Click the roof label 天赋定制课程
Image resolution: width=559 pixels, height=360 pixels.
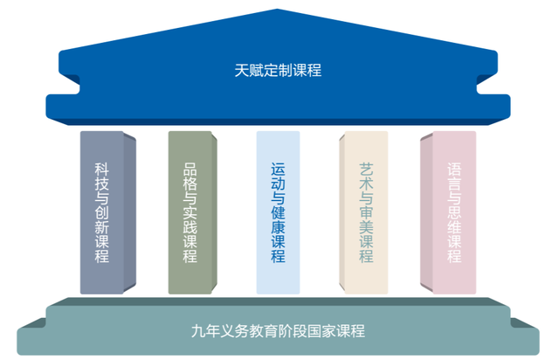click(x=278, y=70)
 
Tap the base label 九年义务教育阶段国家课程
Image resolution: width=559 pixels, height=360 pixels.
click(x=278, y=331)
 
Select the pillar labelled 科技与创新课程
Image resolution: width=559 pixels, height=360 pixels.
click(x=107, y=212)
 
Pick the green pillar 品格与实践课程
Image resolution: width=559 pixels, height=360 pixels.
click(x=192, y=212)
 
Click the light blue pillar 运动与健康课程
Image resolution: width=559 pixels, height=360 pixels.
click(x=278, y=212)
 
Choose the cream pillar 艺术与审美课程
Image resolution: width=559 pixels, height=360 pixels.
click(x=363, y=212)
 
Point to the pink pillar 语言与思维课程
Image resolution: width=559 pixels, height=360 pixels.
click(x=448, y=212)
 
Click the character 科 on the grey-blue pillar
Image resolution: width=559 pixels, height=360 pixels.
click(x=101, y=170)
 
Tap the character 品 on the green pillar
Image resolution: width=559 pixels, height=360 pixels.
click(x=190, y=170)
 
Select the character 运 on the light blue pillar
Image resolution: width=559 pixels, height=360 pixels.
click(x=278, y=170)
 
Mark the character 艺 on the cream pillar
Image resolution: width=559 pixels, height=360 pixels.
click(x=366, y=170)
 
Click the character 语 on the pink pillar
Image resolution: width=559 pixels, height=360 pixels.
click(x=454, y=170)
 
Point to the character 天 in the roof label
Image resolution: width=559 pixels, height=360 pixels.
click(x=241, y=70)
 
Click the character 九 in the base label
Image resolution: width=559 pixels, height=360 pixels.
click(x=198, y=331)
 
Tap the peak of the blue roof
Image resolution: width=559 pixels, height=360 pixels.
click(x=278, y=9)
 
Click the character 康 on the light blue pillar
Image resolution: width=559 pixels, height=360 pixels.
click(x=278, y=227)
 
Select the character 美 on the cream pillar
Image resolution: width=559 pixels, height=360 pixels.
click(x=366, y=227)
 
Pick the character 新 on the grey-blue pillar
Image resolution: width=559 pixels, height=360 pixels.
click(x=101, y=227)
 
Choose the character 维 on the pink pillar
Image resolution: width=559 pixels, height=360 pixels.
click(x=454, y=227)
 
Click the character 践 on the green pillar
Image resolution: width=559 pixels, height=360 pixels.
click(x=190, y=227)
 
